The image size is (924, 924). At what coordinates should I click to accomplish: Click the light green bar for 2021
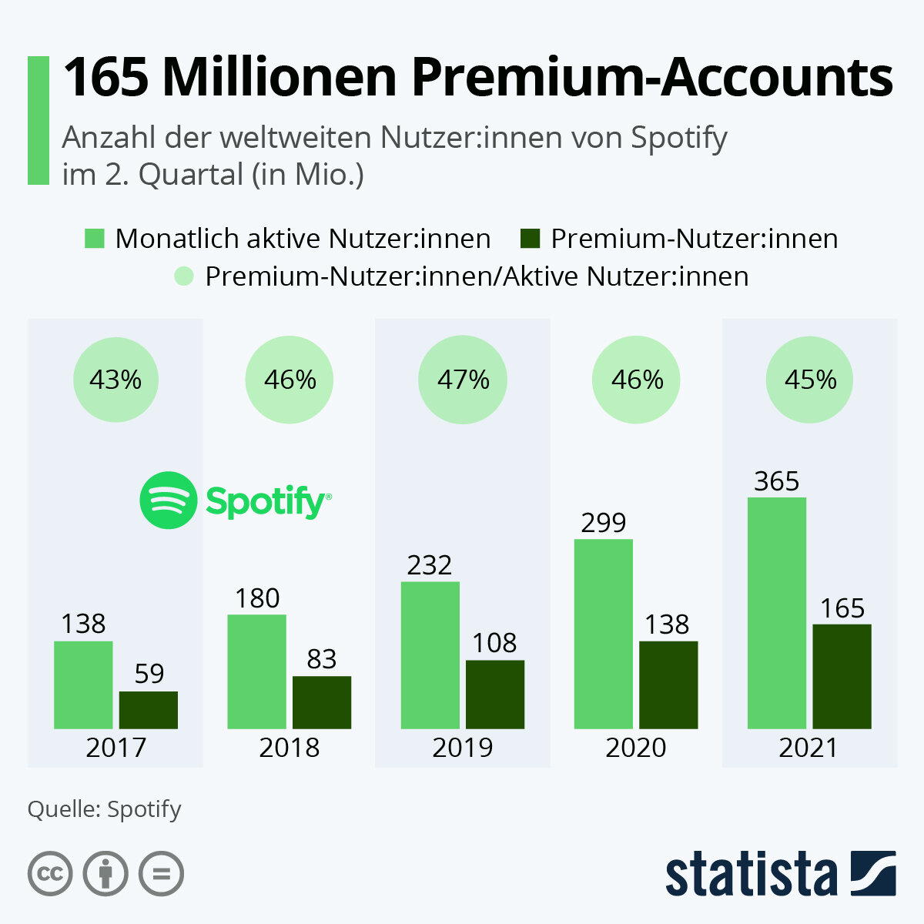tap(777, 613)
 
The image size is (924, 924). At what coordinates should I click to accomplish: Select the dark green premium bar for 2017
tap(149, 710)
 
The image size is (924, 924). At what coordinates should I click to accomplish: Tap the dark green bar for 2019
tap(495, 694)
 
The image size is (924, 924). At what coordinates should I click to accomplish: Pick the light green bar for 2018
tap(256, 671)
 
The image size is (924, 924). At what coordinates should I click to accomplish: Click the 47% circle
tap(463, 380)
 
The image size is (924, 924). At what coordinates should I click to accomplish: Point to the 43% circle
tap(115, 380)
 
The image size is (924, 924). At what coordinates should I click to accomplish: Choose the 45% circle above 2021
tap(810, 380)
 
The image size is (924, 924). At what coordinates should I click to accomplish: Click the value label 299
tap(604, 523)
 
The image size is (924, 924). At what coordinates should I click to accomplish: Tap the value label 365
tap(777, 481)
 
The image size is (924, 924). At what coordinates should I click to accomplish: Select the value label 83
tap(322, 659)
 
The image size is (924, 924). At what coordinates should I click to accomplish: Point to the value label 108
tap(494, 643)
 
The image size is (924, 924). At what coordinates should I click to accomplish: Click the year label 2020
tap(635, 748)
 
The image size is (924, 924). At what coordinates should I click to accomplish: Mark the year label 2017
tap(115, 748)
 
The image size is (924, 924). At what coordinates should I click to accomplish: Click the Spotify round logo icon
tap(168, 500)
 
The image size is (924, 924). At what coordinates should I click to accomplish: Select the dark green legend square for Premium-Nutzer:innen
tap(531, 239)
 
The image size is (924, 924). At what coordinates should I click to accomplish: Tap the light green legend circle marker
tap(184, 276)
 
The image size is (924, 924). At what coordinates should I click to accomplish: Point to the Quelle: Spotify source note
tap(105, 809)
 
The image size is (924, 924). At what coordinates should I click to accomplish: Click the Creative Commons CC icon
tap(50, 874)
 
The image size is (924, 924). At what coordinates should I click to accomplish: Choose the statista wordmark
tap(752, 875)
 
